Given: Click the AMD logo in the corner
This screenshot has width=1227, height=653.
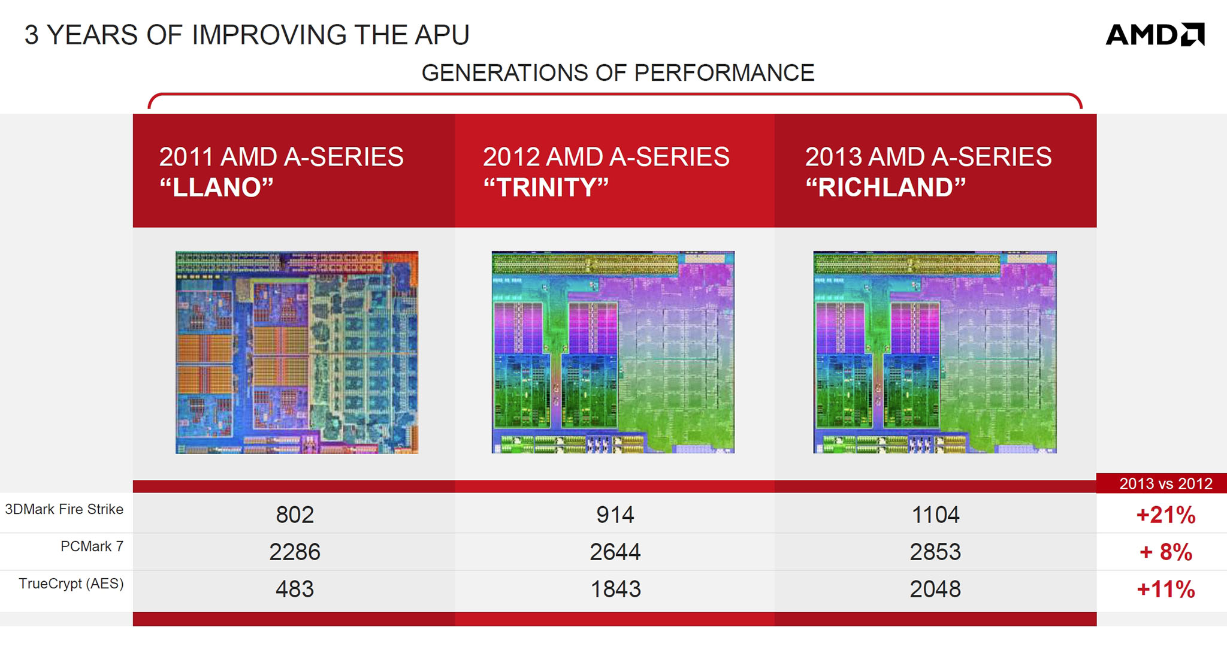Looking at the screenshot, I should tap(1155, 35).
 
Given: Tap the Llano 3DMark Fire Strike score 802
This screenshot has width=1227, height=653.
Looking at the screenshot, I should tap(295, 515).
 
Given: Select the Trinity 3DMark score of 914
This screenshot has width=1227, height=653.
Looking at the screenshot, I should tap(615, 515).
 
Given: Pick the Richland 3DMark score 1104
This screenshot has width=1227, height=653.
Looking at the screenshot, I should tap(935, 515).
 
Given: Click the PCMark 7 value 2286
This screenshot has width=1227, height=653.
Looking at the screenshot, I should tap(295, 552).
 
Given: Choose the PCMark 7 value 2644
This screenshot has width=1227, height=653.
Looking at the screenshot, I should tap(615, 552).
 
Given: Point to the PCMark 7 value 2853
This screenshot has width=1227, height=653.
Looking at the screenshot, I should tap(935, 552).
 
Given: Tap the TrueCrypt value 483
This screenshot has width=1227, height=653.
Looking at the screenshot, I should tap(295, 589).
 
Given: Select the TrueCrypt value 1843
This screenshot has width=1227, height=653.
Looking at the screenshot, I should tap(615, 589).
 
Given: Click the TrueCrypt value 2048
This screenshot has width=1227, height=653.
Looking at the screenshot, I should tap(935, 589).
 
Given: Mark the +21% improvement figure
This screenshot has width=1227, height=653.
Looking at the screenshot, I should tap(1166, 515).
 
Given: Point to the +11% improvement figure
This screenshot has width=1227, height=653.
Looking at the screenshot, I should tap(1166, 589).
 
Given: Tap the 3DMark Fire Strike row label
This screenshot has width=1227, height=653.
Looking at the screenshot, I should tap(64, 509).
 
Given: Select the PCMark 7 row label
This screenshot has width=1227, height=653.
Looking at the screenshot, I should tap(92, 546).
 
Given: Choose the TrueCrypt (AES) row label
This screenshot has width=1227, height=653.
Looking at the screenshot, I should tap(71, 584).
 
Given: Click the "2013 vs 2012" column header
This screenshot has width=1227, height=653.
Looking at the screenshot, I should tap(1165, 483).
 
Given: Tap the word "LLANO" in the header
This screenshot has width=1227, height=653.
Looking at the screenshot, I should tap(217, 188).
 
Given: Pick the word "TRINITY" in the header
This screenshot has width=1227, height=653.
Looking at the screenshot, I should tap(546, 188).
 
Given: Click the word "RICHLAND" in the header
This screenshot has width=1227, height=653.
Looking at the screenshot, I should tap(886, 188).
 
